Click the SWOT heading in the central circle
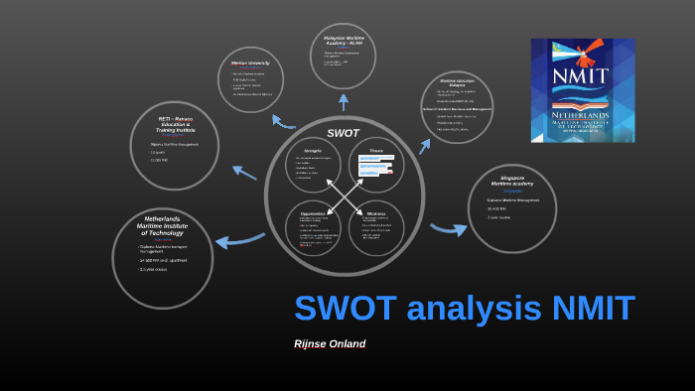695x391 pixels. pyautogui.click(x=343, y=133)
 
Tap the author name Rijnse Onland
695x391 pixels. pyautogui.click(x=330, y=344)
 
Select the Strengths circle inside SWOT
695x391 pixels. pyautogui.click(x=313, y=166)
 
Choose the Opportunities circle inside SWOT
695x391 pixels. pyautogui.click(x=313, y=226)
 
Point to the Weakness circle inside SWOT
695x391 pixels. pyautogui.click(x=376, y=227)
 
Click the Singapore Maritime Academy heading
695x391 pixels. pyautogui.click(x=511, y=182)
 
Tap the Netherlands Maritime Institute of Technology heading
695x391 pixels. pyautogui.click(x=162, y=224)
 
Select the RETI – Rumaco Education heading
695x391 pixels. pyautogui.click(x=176, y=124)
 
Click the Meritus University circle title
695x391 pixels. pyautogui.click(x=251, y=64)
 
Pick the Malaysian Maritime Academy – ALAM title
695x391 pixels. pyautogui.click(x=343, y=40)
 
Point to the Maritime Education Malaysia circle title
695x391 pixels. pyautogui.click(x=457, y=82)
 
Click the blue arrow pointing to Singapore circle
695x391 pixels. pyautogui.click(x=448, y=229)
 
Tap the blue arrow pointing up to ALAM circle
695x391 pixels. pyautogui.click(x=344, y=101)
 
